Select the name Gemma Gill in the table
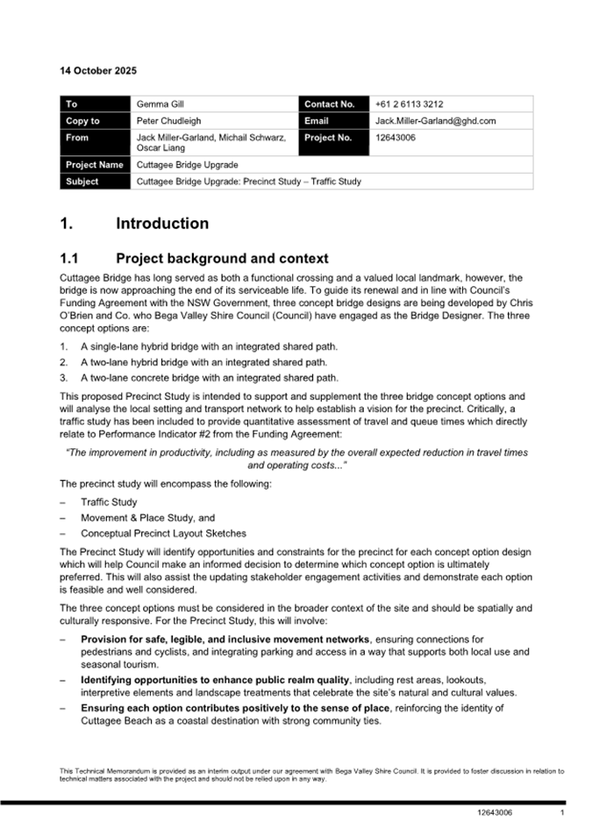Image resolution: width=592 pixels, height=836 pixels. click(160, 104)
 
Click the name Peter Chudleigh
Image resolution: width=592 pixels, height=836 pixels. click(171, 121)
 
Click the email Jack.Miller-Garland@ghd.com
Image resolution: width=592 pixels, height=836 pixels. click(435, 121)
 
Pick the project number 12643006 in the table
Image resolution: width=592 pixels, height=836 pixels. click(395, 138)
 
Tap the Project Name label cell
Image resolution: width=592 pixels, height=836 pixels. click(94, 165)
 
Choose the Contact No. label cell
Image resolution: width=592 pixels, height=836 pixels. click(329, 104)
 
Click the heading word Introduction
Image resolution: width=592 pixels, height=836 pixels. click(162, 224)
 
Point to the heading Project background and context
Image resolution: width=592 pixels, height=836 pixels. click(222, 259)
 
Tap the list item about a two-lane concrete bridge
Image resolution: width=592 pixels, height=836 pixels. click(209, 378)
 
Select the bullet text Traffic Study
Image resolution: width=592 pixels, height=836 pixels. click(109, 503)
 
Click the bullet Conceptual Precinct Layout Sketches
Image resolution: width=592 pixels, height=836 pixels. click(163, 532)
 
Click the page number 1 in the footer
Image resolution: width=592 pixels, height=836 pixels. click(561, 813)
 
